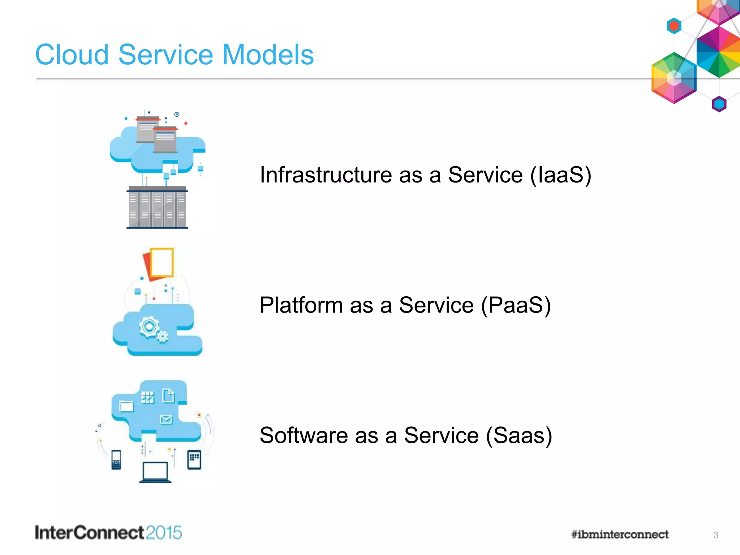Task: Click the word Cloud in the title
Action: (72, 55)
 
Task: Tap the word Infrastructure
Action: (326, 175)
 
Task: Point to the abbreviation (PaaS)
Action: (516, 305)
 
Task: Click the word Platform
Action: (301, 305)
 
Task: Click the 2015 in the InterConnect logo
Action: (164, 533)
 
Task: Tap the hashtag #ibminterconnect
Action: (620, 534)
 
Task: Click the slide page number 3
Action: (715, 535)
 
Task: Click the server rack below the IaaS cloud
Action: (157, 208)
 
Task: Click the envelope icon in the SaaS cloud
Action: (166, 419)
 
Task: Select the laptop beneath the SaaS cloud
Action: (155, 472)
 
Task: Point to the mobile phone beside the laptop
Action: (116, 460)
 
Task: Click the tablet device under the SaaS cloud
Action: (194, 460)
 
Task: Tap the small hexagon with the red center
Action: (674, 26)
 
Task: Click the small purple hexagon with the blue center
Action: (719, 104)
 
